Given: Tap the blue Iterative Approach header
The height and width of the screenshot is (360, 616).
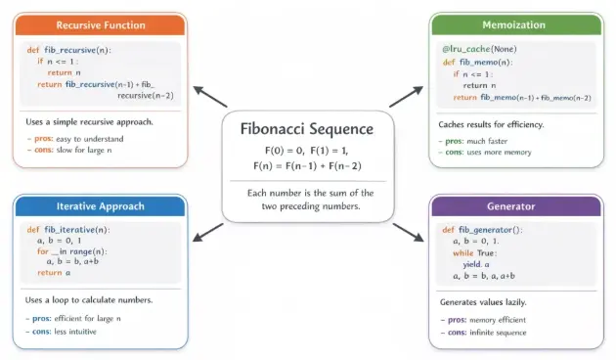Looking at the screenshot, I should [x=101, y=206].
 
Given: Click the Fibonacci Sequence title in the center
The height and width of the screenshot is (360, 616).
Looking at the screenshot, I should [x=307, y=129].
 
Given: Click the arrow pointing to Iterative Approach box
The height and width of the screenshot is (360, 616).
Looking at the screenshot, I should [x=208, y=231].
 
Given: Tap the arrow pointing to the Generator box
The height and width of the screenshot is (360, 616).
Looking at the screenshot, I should [x=408, y=232].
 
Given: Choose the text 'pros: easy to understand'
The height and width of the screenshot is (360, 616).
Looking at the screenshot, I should [x=73, y=140].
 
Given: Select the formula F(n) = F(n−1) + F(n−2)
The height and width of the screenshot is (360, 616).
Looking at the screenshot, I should [x=307, y=166].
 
